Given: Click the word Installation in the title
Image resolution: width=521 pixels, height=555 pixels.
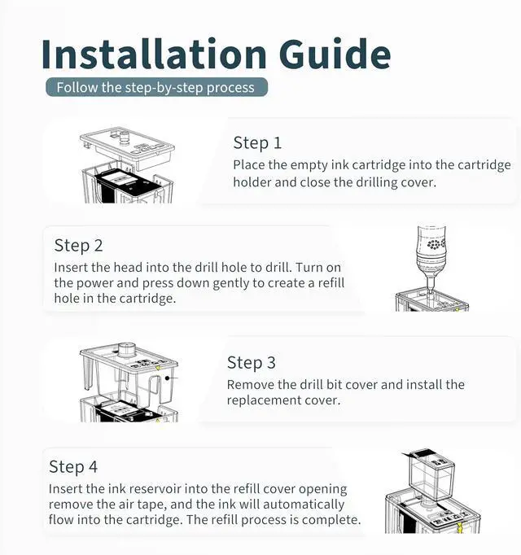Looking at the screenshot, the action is [x=154, y=54].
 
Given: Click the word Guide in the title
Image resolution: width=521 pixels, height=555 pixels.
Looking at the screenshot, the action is [x=335, y=54].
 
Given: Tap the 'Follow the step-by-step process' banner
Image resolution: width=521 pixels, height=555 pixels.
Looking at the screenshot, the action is [x=156, y=87].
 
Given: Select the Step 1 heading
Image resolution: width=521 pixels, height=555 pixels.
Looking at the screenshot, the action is [x=257, y=143].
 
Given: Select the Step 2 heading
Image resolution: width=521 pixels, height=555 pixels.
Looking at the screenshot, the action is [x=79, y=246].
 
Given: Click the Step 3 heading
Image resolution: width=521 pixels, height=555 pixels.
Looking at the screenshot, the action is [x=251, y=363].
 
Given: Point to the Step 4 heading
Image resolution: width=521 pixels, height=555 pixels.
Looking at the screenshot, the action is [x=73, y=466].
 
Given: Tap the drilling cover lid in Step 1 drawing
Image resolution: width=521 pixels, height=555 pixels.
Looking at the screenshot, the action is [x=128, y=147].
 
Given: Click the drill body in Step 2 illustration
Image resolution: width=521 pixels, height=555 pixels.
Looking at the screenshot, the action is [x=431, y=251].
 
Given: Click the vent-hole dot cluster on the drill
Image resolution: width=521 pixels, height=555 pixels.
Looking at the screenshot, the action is [x=436, y=244].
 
